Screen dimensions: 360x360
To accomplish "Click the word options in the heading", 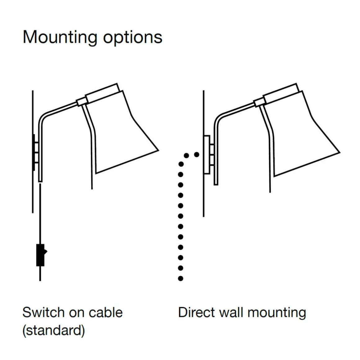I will tap(133, 38).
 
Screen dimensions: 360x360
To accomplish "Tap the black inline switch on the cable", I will tap(41, 255).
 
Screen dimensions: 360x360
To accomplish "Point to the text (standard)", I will tap(53, 330).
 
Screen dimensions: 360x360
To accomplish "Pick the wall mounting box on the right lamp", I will tap(206, 155).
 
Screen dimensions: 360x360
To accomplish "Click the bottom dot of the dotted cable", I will tap(181, 279).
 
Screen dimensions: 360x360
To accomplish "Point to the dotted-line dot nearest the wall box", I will tap(196, 154).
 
